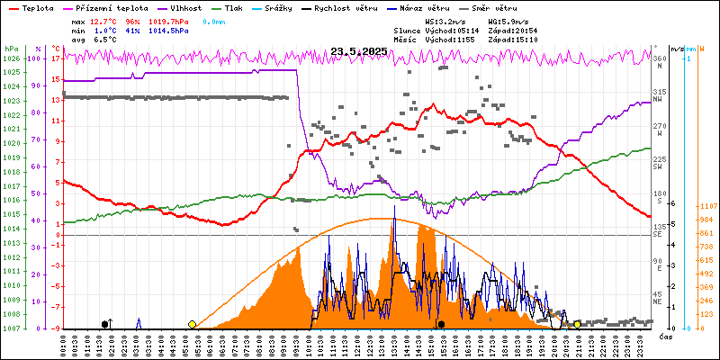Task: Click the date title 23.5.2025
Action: (358, 51)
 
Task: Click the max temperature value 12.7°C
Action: (104, 21)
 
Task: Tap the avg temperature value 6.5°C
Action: (104, 40)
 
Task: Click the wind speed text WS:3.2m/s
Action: (445, 21)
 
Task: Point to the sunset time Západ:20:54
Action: (512, 31)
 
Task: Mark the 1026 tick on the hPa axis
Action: (11, 58)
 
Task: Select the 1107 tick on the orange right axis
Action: (706, 206)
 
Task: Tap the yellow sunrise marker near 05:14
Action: (192, 324)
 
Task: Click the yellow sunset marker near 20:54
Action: (577, 324)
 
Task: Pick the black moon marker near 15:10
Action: (442, 324)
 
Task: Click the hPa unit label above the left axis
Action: (11, 48)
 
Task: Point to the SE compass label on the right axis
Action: (658, 235)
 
